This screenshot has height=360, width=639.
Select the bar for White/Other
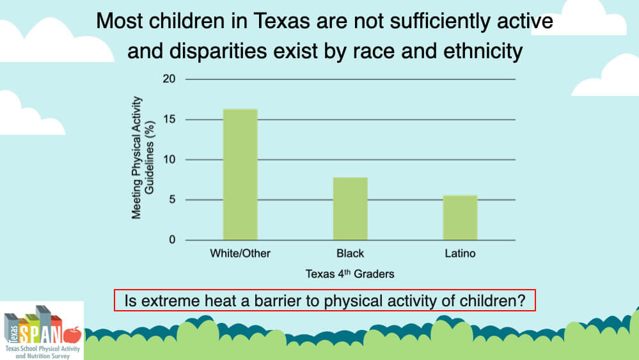tap(240, 175)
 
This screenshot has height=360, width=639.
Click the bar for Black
tap(350, 208)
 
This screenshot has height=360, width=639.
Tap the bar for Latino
tap(460, 217)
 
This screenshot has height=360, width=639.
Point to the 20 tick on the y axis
tap(169, 79)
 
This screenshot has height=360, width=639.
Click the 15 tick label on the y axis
tap(169, 120)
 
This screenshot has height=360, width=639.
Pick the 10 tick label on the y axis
tap(169, 160)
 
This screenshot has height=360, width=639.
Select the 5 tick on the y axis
tap(171, 200)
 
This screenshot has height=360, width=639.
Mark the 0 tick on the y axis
tap(171, 240)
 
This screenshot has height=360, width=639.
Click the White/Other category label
tap(240, 254)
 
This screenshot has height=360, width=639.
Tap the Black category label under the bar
tap(350, 254)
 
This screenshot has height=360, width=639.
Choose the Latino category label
tap(460, 254)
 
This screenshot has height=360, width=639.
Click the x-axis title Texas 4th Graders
tap(349, 274)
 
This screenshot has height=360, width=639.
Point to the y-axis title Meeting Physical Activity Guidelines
tap(141, 159)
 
